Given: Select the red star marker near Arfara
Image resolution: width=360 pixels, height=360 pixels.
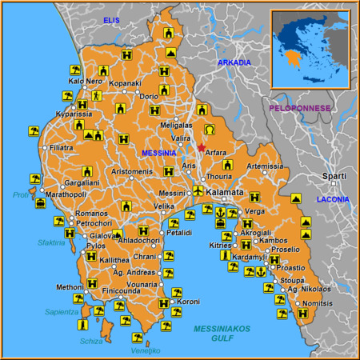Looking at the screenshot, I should (x=201, y=148).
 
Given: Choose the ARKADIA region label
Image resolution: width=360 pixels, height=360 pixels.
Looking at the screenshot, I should (x=234, y=62).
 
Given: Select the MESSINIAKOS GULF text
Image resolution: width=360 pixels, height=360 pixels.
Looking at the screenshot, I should (x=222, y=334).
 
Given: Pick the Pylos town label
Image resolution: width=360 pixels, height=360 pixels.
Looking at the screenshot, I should (x=95, y=246).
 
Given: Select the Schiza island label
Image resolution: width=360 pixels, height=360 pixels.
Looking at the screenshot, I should (x=90, y=341).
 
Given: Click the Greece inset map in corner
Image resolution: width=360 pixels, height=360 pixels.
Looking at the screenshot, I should (x=310, y=47).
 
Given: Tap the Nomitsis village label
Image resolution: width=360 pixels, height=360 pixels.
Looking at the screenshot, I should (x=319, y=304).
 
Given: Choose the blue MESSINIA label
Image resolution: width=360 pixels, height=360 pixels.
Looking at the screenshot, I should (x=159, y=153).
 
